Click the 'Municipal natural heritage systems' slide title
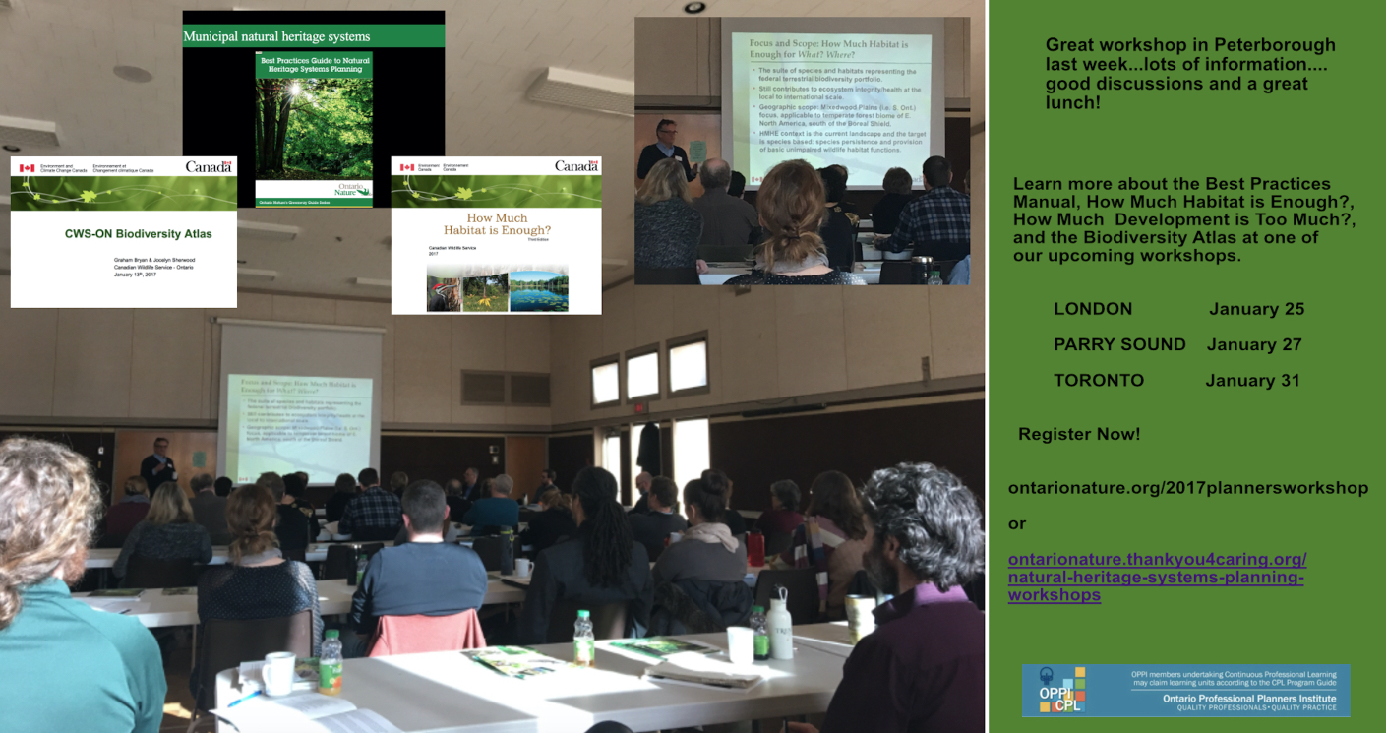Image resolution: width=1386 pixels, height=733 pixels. (x=276, y=37)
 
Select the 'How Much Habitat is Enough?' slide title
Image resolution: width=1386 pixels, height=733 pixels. (x=496, y=224)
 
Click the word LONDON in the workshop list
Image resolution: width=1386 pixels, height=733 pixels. (x=1092, y=309)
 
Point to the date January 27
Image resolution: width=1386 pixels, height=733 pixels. (x=1254, y=344)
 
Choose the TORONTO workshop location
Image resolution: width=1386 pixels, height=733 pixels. (x=1098, y=381)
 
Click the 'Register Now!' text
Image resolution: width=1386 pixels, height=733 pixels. (x=1078, y=434)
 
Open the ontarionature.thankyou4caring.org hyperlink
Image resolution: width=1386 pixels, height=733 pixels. (x=1157, y=577)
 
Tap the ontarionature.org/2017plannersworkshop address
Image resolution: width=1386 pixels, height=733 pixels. (x=1187, y=488)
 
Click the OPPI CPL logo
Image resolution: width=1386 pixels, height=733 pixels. (x=1061, y=690)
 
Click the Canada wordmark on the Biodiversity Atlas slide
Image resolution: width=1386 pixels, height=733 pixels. (x=209, y=167)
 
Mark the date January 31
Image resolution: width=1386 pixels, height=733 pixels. (x=1254, y=381)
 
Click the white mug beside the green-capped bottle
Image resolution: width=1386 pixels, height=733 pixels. (x=277, y=673)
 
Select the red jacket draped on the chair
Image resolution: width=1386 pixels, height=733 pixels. (x=427, y=632)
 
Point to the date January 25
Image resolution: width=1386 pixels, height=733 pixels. (x=1256, y=309)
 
